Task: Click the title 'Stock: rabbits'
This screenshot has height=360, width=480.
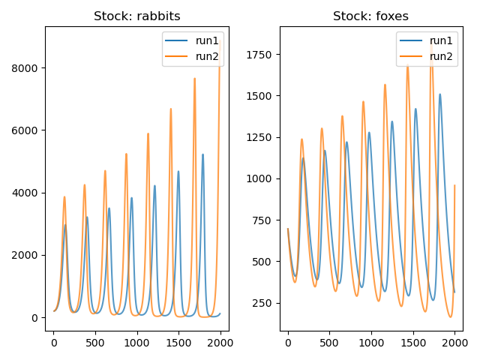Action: click(x=136, y=16)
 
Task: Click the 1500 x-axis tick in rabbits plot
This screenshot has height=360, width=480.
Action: click(x=178, y=343)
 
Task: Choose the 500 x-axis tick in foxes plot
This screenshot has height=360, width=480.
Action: click(x=329, y=343)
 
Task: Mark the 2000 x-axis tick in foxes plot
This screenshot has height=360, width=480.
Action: click(x=454, y=343)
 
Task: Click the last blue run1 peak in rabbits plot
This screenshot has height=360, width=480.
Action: click(x=202, y=154)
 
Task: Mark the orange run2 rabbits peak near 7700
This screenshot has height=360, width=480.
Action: click(x=194, y=78)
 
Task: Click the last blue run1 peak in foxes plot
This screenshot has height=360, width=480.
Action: click(x=439, y=94)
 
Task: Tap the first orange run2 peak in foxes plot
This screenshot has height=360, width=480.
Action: click(x=301, y=139)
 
